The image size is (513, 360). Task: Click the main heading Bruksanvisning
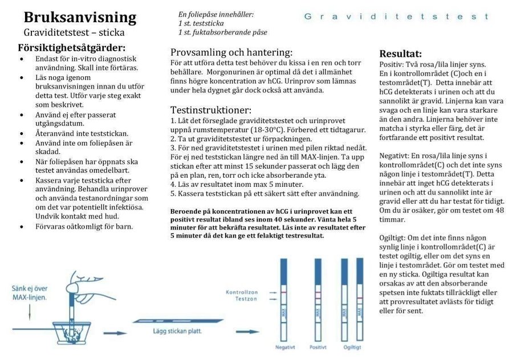coord(80,18)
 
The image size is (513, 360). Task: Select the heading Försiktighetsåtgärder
coord(72,47)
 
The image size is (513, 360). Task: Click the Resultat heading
coord(401,54)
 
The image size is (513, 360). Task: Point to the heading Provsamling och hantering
coord(231,52)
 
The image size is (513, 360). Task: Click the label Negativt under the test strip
coord(285,346)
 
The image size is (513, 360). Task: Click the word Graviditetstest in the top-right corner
coord(397,17)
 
